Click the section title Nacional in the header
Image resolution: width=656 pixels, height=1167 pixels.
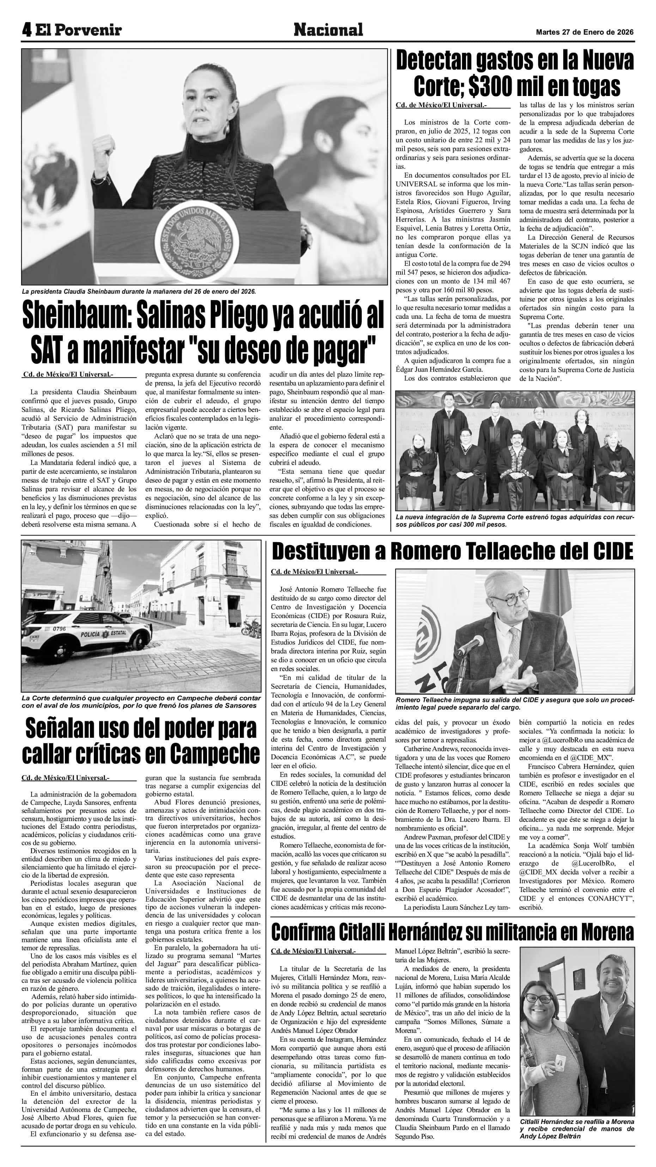pos(328,30)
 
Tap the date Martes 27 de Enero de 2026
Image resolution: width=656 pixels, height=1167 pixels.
pos(584,32)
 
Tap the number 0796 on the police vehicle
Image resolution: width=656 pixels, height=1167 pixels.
pos(59,628)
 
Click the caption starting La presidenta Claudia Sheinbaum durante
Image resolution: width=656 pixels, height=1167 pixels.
pos(139,291)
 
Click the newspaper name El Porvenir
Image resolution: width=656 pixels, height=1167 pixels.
pos(79,30)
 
